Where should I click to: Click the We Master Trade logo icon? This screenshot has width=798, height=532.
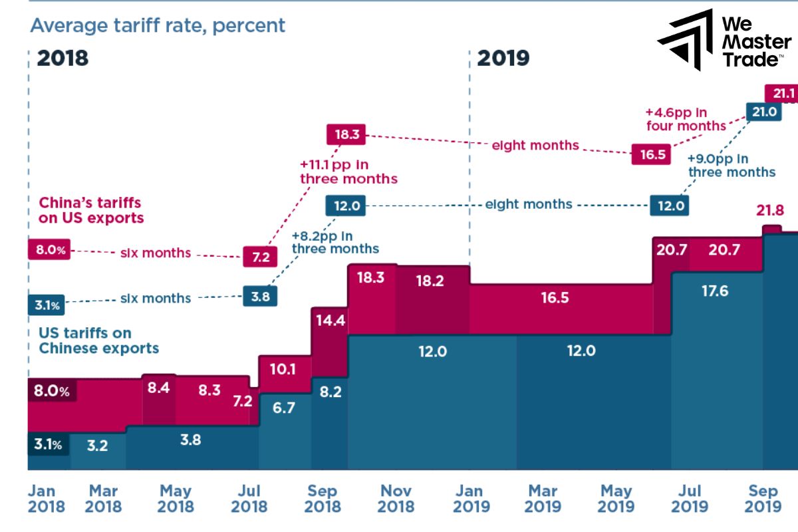pos(684,40)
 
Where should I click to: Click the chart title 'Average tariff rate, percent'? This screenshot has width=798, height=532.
pos(158,25)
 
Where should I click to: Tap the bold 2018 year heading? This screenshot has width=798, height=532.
pos(63,58)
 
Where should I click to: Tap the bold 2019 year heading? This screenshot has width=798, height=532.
pos(503,58)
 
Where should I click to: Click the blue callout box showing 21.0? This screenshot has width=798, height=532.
pos(764,112)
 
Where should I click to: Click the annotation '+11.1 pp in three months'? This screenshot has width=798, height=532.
pos(348,172)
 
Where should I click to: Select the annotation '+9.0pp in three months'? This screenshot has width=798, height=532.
pos(731,166)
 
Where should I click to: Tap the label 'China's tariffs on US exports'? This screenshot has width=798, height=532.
pos(91,209)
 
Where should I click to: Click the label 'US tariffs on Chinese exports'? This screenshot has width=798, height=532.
pos(99,340)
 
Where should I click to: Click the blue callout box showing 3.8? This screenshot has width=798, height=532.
pos(260,296)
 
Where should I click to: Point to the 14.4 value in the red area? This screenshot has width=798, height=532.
pos(330,321)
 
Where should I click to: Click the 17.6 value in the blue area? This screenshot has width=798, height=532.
pos(714,291)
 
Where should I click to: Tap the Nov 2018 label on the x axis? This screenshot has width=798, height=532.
pos(396,499)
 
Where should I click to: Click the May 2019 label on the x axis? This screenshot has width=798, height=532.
pos(616,499)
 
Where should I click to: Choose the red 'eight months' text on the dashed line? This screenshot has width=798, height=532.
pos(526,144)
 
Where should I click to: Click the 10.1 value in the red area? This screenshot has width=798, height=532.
pos(284,368)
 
